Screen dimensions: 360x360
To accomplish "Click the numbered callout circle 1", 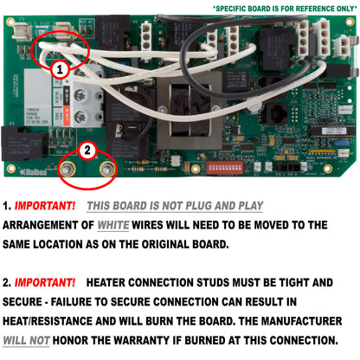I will pyautogui.click(x=60, y=67).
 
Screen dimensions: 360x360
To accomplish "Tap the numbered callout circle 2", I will pyautogui.click(x=85, y=149).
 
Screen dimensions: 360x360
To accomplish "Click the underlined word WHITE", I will pyautogui.click(x=116, y=225).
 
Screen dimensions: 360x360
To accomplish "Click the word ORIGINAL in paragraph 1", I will pyautogui.click(x=203, y=245).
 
